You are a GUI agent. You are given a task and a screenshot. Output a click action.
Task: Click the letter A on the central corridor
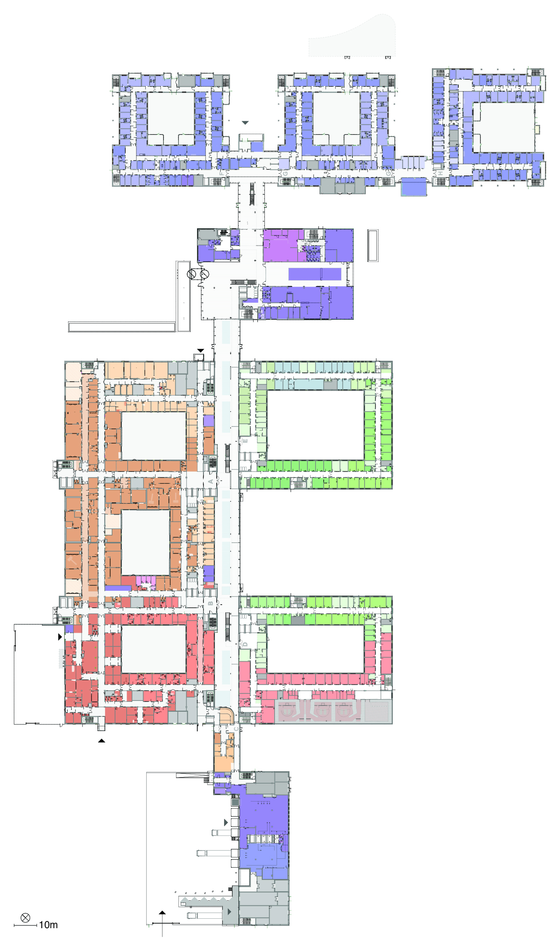pyautogui.click(x=211, y=481)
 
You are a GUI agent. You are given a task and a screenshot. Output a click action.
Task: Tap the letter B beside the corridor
pyautogui.click(x=211, y=603)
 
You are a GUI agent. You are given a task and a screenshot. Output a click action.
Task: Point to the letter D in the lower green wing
pyautogui.click(x=245, y=644)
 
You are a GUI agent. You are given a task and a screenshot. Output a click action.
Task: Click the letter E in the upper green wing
pyautogui.click(x=245, y=441)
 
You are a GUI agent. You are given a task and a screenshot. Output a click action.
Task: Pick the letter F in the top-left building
pyautogui.click(x=222, y=173)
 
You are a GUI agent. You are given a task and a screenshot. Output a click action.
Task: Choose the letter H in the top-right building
pyautogui.click(x=440, y=173)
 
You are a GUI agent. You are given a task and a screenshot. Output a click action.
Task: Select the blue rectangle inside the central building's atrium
pyautogui.click(x=314, y=274)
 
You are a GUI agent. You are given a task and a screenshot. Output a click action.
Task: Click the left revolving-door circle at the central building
pyautogui.click(x=192, y=274)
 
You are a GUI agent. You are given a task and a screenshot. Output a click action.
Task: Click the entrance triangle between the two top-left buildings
pyautogui.click(x=245, y=123)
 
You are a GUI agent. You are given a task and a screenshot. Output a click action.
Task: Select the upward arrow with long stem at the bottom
pyautogui.click(x=162, y=917)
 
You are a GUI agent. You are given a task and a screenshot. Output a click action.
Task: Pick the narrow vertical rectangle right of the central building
pyautogui.click(x=373, y=245)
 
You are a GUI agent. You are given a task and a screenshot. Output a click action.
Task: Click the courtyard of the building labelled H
pyautogui.click(x=504, y=127)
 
